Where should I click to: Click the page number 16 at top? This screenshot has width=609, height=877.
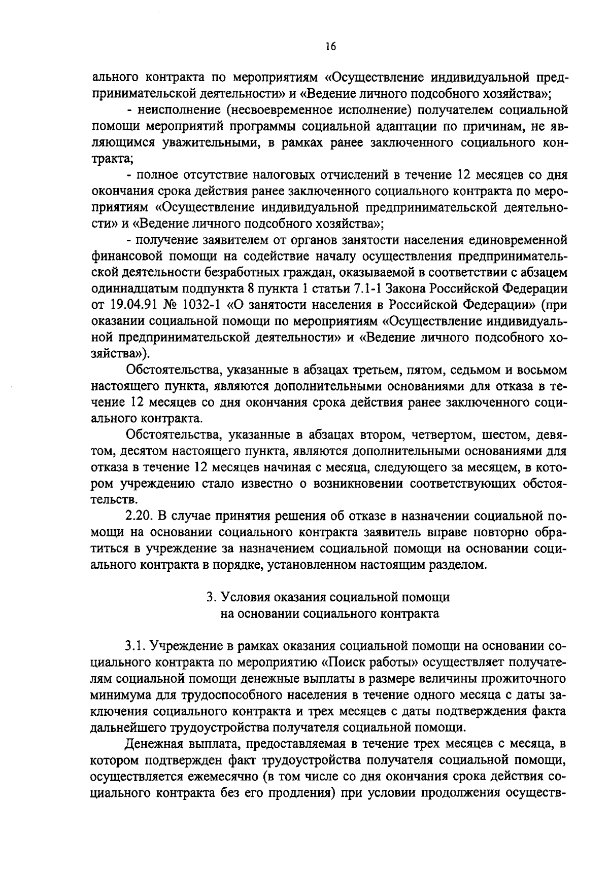click(x=330, y=47)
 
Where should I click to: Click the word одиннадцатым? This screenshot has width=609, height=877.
click(x=130, y=289)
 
